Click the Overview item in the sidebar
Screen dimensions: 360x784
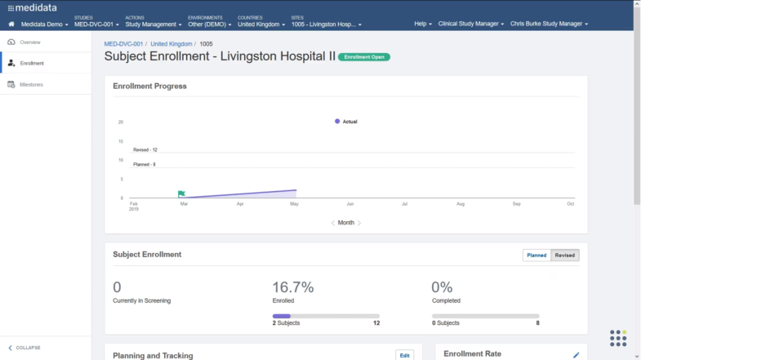coord(30,42)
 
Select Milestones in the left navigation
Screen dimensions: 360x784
coord(33,84)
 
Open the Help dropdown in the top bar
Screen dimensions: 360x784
coord(423,24)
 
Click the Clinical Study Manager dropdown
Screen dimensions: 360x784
coord(470,24)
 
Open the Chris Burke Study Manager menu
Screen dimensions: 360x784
coord(549,24)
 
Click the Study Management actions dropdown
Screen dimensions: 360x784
coord(153,24)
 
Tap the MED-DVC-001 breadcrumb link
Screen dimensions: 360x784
coord(123,43)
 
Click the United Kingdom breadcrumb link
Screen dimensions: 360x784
coord(171,43)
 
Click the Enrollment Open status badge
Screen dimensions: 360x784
coord(363,57)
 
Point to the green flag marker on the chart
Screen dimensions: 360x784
coord(181,193)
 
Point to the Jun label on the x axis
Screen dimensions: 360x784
coord(350,203)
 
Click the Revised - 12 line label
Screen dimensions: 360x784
coord(145,149)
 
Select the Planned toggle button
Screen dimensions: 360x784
coord(537,255)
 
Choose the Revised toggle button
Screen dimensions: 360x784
coord(565,255)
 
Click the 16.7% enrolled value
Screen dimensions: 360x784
coord(292,287)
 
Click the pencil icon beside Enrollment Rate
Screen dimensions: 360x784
coord(576,354)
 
